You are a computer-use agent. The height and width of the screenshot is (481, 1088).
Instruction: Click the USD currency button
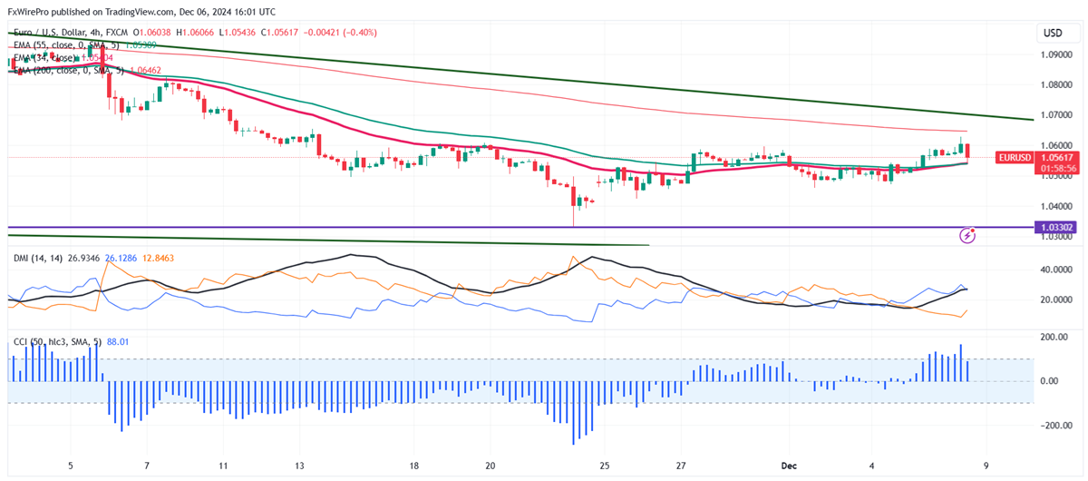click(1053, 33)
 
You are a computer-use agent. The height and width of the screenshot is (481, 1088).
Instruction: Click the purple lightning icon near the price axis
click(967, 236)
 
